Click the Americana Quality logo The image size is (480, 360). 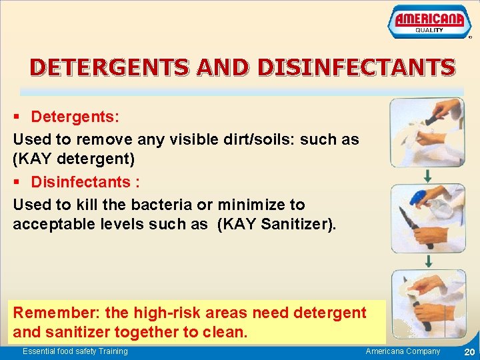(429, 22)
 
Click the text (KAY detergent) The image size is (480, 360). (73, 160)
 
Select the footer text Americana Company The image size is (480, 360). (403, 351)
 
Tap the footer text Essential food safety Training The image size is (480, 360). (75, 351)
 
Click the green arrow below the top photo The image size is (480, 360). (427, 175)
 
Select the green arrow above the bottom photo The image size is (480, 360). (427, 261)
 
